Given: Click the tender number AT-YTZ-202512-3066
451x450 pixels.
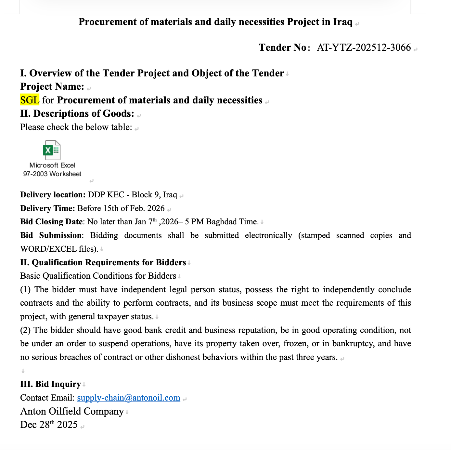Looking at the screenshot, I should pos(364,48).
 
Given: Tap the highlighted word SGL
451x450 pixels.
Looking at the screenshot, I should pos(30,100).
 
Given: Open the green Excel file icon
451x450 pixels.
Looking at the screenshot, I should pos(51,150).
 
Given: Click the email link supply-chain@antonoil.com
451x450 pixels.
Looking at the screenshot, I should pos(129,398).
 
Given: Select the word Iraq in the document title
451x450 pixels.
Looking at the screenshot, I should pos(342,22).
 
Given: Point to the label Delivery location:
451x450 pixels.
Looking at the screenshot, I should pos(53,195).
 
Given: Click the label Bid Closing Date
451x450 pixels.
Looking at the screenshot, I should pos(51,222).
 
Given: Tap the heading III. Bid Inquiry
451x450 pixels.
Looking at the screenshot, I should pos(50,384).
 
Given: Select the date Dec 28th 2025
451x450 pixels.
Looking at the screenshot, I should pos(49,425).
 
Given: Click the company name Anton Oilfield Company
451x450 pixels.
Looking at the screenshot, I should pos(72,411).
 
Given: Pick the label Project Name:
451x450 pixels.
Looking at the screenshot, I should pos(52,86).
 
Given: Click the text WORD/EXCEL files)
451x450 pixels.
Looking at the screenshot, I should pos(59,249).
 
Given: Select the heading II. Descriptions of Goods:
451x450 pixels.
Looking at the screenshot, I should pos(77,113).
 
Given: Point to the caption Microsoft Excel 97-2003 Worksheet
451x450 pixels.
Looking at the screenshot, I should pos(52,170).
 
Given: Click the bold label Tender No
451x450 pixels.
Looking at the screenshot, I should pos(282,48).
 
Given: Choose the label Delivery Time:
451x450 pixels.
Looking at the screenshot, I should pos(47,208).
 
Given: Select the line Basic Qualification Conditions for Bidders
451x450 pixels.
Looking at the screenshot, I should pos(98,276).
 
